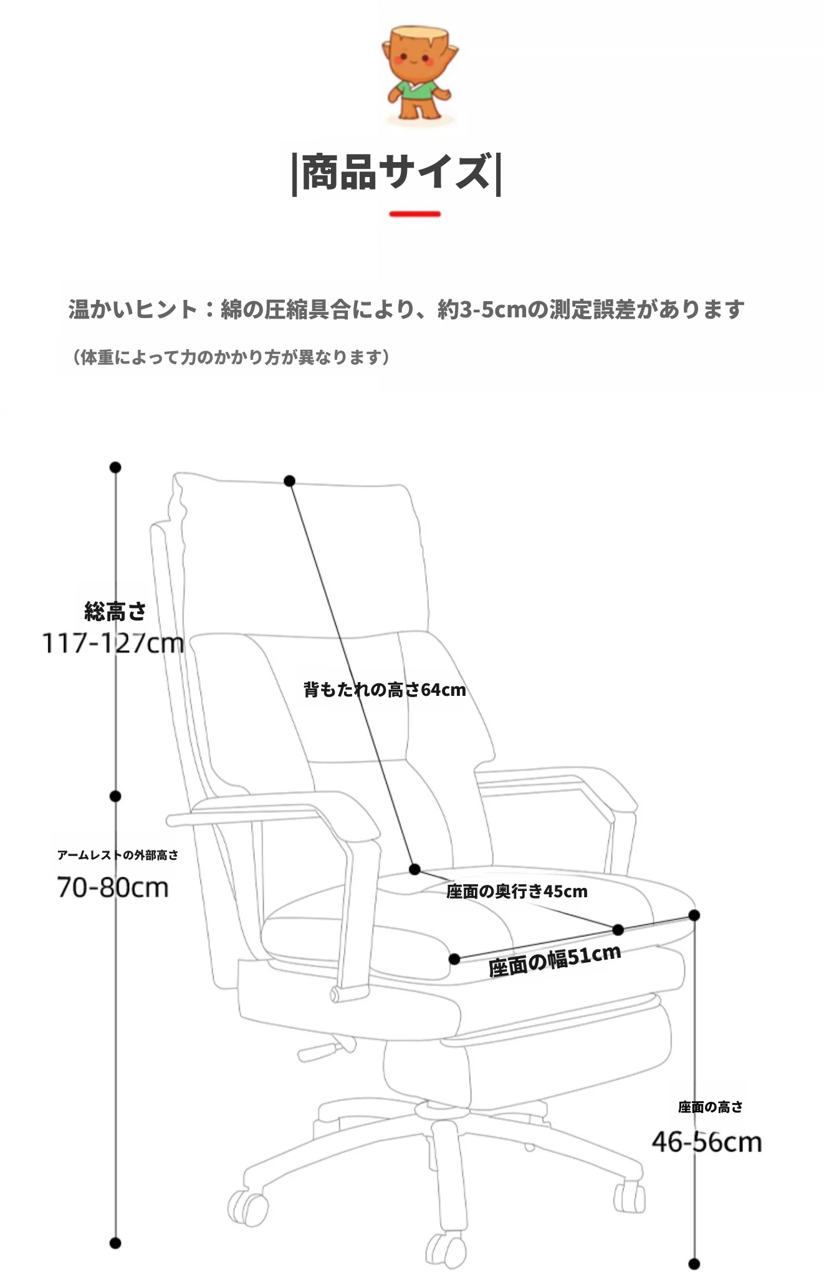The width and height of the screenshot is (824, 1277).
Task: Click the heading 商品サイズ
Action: (396, 173)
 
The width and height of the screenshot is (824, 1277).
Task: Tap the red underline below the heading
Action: (415, 214)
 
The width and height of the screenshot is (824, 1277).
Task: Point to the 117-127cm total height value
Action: (113, 643)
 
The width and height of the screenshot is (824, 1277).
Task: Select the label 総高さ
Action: (115, 612)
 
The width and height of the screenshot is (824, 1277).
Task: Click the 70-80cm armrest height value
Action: (113, 887)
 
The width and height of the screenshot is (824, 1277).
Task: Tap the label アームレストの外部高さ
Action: (118, 855)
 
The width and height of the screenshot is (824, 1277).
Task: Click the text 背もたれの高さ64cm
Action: (385, 690)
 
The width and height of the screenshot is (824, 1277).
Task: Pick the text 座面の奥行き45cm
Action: (517, 891)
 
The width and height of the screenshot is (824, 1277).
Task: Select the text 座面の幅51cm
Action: (555, 960)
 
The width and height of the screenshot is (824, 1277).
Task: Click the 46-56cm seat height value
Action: (707, 1142)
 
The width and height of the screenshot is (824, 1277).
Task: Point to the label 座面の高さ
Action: (711, 1107)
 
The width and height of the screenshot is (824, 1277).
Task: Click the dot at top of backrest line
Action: (289, 481)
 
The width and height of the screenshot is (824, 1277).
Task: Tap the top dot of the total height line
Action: (115, 467)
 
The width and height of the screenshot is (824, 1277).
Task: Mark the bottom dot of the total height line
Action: (115, 1243)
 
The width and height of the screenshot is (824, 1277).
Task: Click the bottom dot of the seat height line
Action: (694, 1264)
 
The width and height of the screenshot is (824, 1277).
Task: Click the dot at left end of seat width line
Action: (454, 958)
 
